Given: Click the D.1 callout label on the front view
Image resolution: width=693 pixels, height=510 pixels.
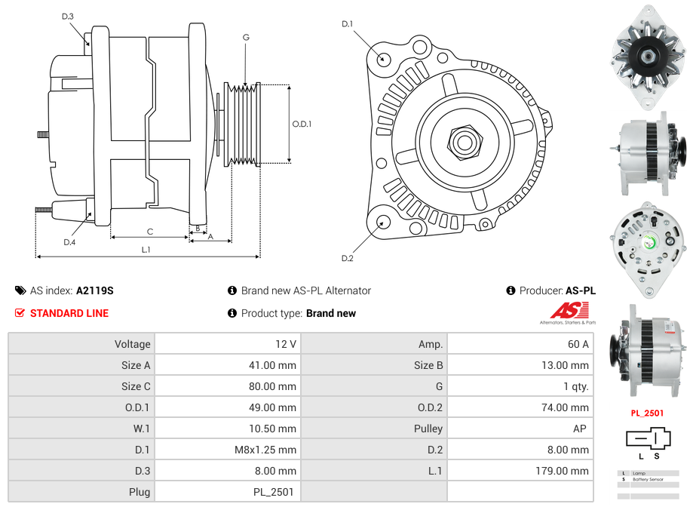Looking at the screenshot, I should pyautogui.click(x=347, y=25).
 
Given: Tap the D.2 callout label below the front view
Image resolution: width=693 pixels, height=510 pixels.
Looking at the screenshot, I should pyautogui.click(x=347, y=259).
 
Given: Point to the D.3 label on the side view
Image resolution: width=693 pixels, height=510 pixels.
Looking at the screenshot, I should pyautogui.click(x=67, y=17).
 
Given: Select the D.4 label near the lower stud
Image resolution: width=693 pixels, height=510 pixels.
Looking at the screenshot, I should pyautogui.click(x=69, y=241).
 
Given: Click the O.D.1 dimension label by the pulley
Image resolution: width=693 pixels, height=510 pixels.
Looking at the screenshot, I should pyautogui.click(x=302, y=124).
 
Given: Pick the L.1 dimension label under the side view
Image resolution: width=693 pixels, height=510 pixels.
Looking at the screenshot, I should pyautogui.click(x=146, y=250).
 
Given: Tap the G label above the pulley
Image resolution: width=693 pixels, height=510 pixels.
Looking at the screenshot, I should pyautogui.click(x=246, y=38).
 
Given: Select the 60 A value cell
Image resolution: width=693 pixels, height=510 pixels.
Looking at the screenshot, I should pyautogui.click(x=578, y=344).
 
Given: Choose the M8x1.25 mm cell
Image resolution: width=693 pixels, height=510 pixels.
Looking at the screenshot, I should pyautogui.click(x=267, y=450).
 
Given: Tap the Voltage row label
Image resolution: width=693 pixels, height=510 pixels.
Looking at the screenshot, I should pyautogui.click(x=133, y=344).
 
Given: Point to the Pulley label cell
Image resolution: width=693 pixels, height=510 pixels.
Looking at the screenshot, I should pyautogui.click(x=428, y=429).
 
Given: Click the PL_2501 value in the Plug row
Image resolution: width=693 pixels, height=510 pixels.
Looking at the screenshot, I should pyautogui.click(x=274, y=492).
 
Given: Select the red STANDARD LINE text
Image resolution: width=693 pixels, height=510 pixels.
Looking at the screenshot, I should pyautogui.click(x=69, y=313).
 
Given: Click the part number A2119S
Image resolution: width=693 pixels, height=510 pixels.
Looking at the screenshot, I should pyautogui.click(x=94, y=290).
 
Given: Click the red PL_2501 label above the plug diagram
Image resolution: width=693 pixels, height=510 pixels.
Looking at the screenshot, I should pyautogui.click(x=647, y=413).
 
